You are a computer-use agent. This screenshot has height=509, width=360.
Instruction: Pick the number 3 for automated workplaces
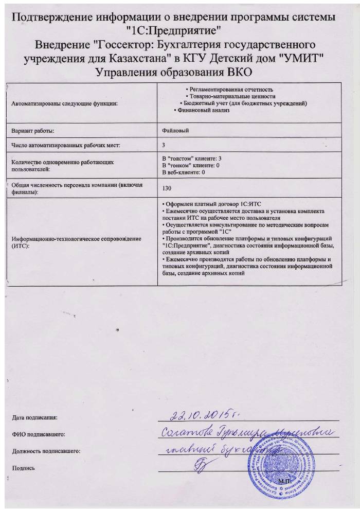tap(164, 146)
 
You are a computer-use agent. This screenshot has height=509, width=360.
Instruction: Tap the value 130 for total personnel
tap(166, 189)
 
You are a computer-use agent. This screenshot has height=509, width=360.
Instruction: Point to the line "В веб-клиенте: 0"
tap(184, 172)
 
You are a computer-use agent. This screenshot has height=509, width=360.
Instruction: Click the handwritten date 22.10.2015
tap(203, 414)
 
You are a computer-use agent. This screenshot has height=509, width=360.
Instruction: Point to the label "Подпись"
tap(23, 468)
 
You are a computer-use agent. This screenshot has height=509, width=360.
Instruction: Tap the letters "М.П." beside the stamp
tap(283, 481)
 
